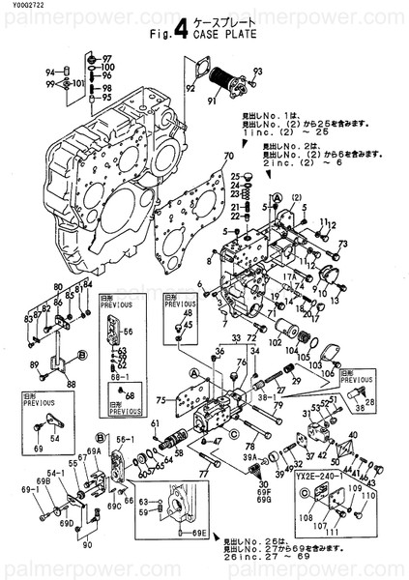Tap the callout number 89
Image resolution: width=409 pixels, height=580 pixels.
click(35, 364)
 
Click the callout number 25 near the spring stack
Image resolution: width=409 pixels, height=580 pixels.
click(234, 175)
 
